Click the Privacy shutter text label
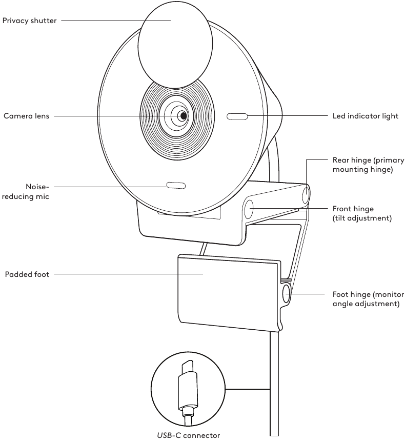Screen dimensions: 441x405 click(x=29, y=21)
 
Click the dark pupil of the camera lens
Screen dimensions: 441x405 click(x=183, y=116)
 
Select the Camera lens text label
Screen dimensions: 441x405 click(x=27, y=116)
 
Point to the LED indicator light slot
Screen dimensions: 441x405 click(x=237, y=116)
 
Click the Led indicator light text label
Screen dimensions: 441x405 click(x=366, y=116)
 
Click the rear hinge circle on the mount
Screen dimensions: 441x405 click(x=306, y=194)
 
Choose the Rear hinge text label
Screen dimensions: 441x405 click(x=368, y=165)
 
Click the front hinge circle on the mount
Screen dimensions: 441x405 click(x=250, y=208)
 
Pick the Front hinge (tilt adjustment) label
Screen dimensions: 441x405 click(x=362, y=213)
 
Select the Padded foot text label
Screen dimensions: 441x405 click(x=27, y=274)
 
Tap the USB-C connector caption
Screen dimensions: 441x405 click(x=189, y=435)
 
